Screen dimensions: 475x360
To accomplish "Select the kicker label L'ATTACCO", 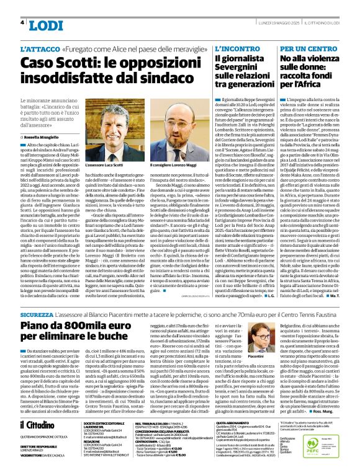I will pos(40,48).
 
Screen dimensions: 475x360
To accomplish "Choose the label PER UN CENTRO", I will pos(307,48).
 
